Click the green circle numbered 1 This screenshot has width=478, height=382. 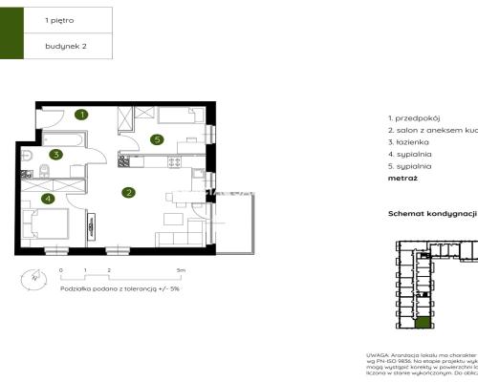82,115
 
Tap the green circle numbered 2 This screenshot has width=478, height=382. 127,192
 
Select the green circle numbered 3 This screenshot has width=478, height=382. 56,154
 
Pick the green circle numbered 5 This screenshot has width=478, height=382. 156,139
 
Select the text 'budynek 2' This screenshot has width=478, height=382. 65,45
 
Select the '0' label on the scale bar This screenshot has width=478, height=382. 61,271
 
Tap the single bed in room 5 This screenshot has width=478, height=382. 175,117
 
